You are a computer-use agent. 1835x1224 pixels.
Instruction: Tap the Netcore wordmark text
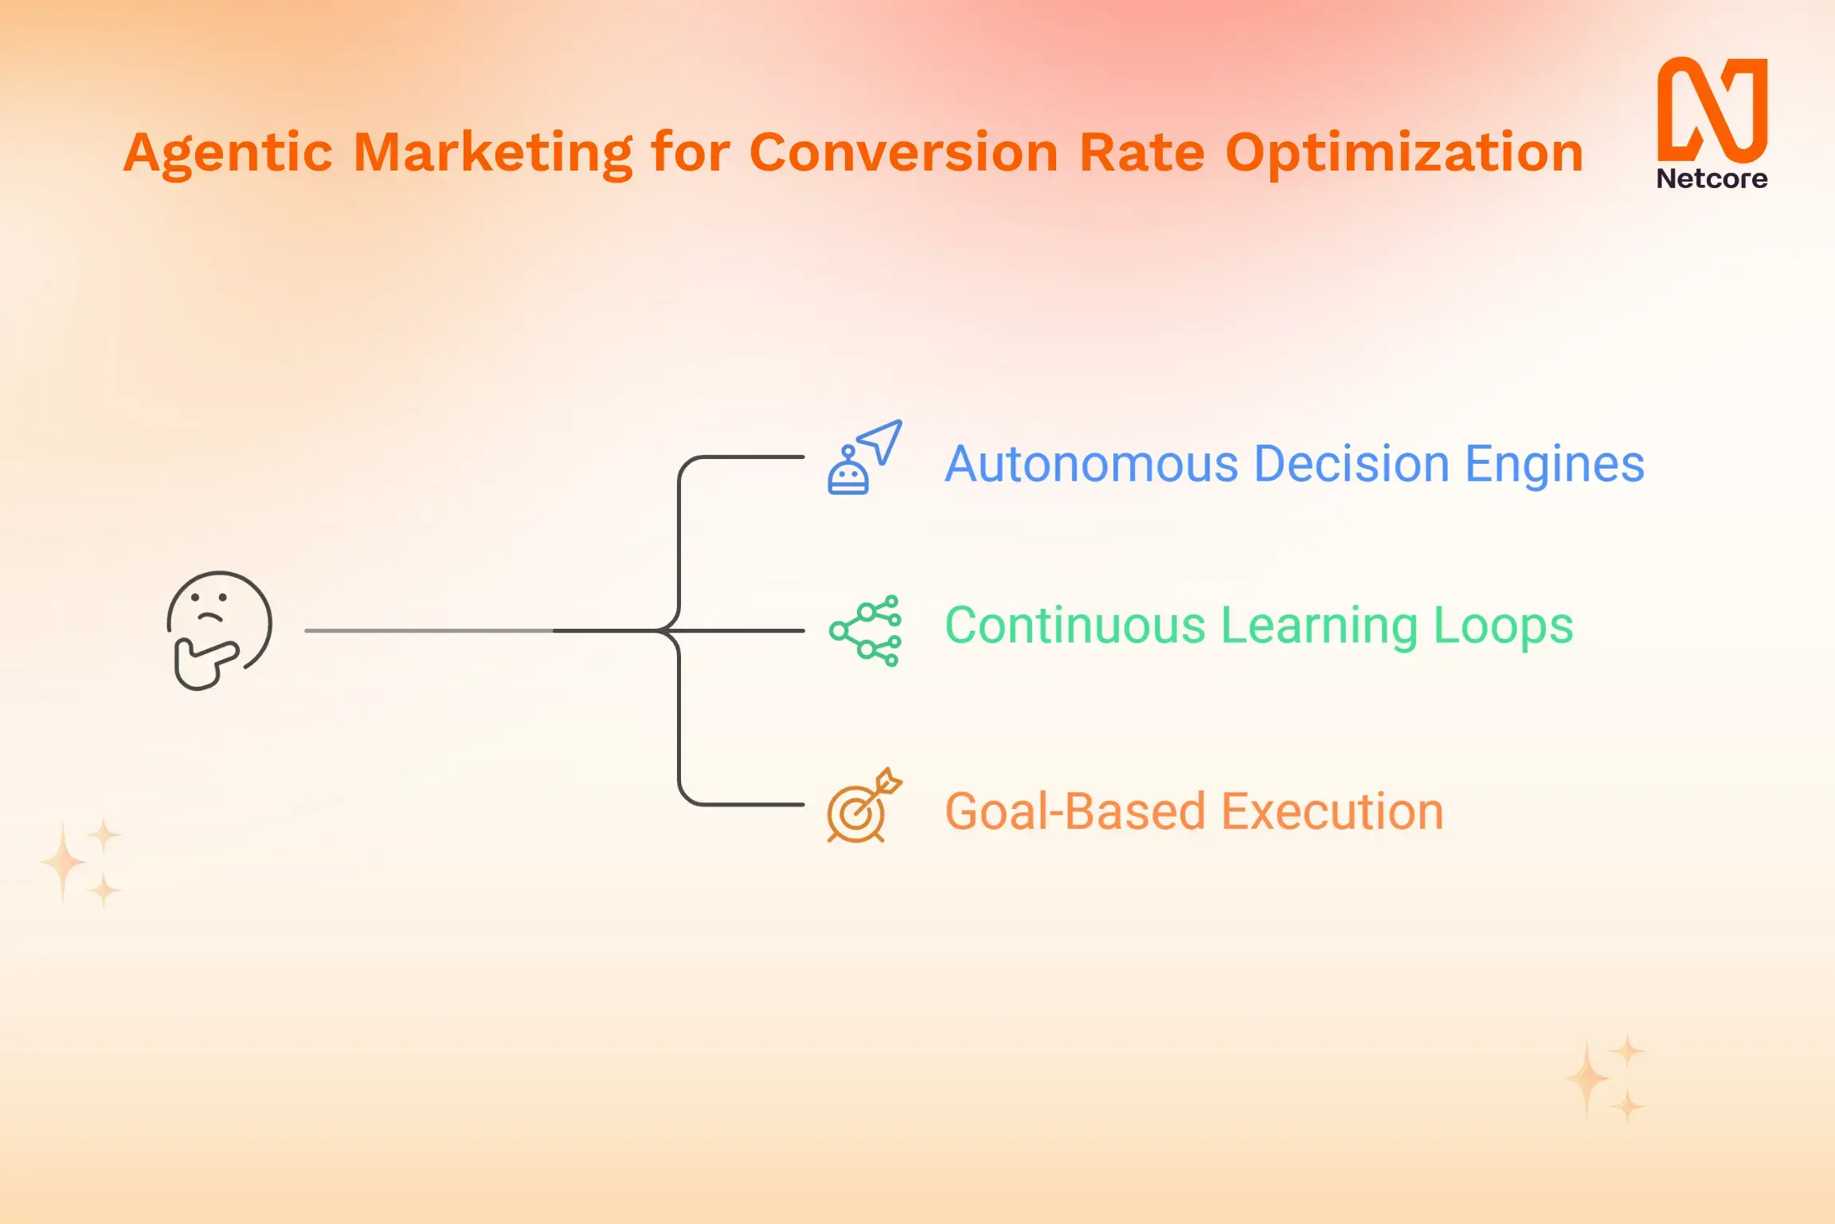(1712, 178)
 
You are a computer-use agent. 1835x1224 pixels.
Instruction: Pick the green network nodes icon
(865, 630)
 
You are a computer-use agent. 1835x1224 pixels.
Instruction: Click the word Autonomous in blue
(1091, 464)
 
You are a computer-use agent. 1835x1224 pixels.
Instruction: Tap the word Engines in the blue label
(1555, 464)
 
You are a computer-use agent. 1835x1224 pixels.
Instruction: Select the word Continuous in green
(1074, 626)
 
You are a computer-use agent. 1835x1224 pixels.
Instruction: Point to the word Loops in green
(1503, 626)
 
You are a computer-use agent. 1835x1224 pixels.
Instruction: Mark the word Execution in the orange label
(1332, 811)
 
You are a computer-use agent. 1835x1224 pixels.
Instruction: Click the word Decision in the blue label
(1352, 464)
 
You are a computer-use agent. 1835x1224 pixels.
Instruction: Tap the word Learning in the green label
(1319, 626)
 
